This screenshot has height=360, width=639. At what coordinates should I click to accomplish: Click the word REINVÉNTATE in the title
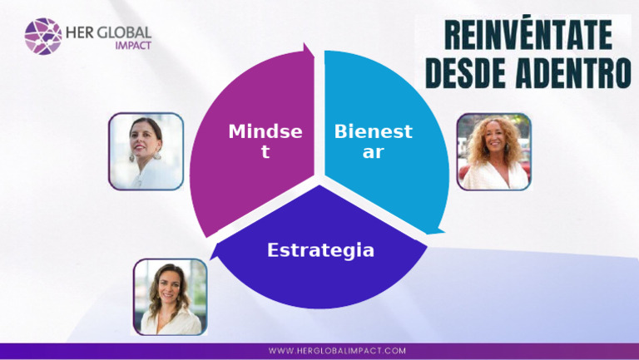(528, 35)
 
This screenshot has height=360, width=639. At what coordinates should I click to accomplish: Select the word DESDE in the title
(468, 74)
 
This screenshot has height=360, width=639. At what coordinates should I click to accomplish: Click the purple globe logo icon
(42, 37)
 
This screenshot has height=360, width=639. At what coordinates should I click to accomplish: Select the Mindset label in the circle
(265, 141)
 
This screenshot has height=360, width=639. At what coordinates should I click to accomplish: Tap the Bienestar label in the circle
(373, 141)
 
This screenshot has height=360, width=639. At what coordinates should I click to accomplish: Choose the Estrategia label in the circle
(320, 250)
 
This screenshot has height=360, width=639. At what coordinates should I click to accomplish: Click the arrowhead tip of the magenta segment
(311, 52)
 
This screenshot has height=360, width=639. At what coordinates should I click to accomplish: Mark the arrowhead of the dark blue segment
(219, 250)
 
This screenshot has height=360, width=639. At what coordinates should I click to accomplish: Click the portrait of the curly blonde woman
(493, 152)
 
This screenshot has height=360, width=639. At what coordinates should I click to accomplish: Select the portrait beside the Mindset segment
(146, 151)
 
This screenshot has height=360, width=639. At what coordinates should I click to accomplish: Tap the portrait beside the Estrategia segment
(171, 296)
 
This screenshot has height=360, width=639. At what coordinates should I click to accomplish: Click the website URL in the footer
(337, 351)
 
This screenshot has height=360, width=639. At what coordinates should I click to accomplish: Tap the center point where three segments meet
(319, 181)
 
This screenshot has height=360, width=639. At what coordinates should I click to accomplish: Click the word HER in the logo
(82, 30)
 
